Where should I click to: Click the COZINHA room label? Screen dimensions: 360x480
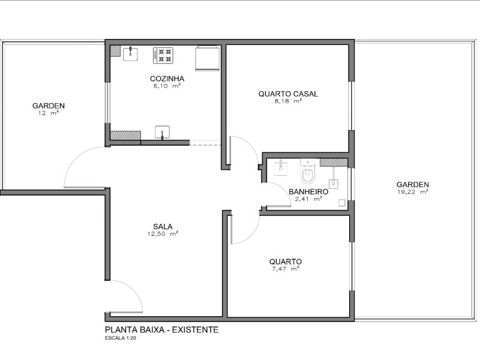[167, 79]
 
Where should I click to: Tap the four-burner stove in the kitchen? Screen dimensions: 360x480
[163, 55]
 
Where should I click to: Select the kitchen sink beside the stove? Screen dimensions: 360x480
[130, 54]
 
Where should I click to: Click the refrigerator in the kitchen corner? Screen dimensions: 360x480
[208, 58]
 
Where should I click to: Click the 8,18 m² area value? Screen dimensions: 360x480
[288, 101]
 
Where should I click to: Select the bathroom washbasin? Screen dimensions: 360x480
[280, 167]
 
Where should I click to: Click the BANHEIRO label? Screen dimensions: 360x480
[308, 192]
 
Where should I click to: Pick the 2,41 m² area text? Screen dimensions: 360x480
[308, 199]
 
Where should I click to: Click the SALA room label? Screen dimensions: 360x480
[163, 226]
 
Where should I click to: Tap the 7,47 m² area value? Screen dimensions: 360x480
[285, 269]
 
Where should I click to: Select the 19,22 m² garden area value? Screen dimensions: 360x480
[412, 192]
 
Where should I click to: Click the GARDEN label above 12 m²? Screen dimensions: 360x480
[49, 106]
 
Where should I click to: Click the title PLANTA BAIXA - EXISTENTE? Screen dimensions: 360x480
[161, 329]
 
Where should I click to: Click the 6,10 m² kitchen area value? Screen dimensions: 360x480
[167, 86]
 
